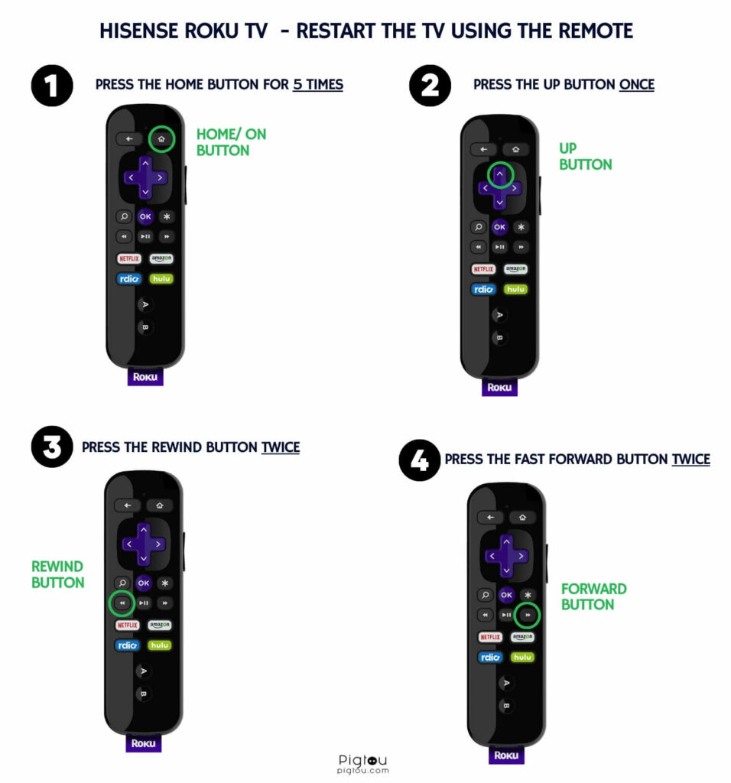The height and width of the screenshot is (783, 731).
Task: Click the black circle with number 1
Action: pyautogui.click(x=52, y=86)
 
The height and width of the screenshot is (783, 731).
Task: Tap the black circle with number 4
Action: pyautogui.click(x=420, y=460)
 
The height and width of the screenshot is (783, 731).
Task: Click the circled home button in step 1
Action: pyautogui.click(x=161, y=139)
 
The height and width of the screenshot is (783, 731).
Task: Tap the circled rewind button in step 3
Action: pyautogui.click(x=122, y=603)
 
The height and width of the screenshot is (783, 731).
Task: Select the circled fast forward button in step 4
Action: pyautogui.click(x=528, y=615)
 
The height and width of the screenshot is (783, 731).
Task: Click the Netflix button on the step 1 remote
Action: pyautogui.click(x=129, y=258)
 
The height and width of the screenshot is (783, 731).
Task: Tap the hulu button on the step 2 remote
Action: pyautogui.click(x=515, y=289)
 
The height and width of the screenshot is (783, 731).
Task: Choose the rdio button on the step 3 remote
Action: pyautogui.click(x=128, y=645)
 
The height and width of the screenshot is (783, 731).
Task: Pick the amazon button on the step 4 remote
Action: pyautogui.click(x=522, y=637)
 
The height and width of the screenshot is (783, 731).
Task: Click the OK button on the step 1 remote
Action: pyautogui.click(x=145, y=216)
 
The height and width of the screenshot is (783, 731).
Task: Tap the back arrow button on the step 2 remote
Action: pyautogui.click(x=483, y=149)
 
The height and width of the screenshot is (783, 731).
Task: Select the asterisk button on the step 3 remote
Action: pyautogui.click(x=164, y=583)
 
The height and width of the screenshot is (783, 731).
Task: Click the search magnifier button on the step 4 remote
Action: pyautogui.click(x=484, y=595)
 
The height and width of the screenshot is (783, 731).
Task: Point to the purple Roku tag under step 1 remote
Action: pyautogui.click(x=145, y=376)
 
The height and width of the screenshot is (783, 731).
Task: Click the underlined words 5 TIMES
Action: pyautogui.click(x=318, y=84)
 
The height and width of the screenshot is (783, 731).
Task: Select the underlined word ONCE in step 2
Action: pyautogui.click(x=637, y=84)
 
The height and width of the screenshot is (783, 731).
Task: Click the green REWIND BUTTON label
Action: pyautogui.click(x=58, y=574)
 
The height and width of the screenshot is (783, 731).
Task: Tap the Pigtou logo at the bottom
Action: pyautogui.click(x=362, y=764)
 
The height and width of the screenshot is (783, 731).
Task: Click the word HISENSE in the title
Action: pyautogui.click(x=139, y=31)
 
